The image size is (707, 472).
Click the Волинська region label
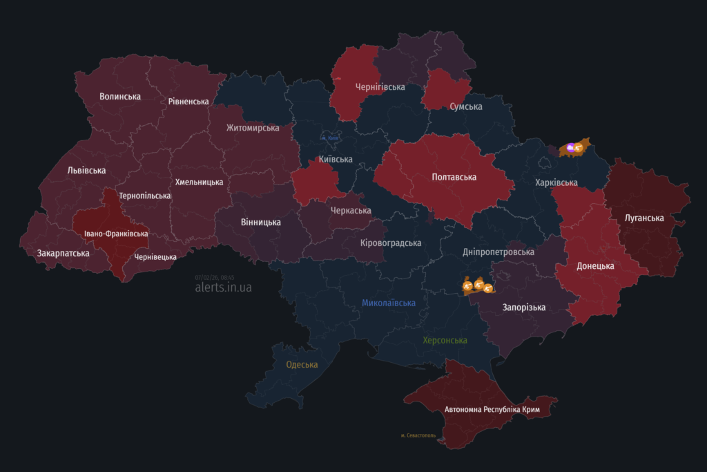(x=120, y=97)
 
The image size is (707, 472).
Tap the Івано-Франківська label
(x=116, y=234)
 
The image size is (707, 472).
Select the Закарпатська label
(x=63, y=254)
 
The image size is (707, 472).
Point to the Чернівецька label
(x=155, y=257)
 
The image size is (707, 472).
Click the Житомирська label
(x=253, y=128)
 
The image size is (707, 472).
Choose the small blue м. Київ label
(x=330, y=138)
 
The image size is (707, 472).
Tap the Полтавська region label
(x=454, y=178)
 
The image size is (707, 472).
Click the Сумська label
(x=465, y=107)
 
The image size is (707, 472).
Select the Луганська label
(x=643, y=218)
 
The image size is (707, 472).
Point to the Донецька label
(x=594, y=266)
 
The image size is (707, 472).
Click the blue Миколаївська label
(x=389, y=303)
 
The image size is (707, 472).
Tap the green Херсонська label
(x=445, y=341)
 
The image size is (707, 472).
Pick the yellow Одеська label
(x=302, y=365)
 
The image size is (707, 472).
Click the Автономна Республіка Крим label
(x=492, y=410)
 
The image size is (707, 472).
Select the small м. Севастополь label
(x=418, y=435)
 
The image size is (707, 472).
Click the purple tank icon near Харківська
(x=570, y=147)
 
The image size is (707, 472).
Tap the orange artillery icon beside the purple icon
(x=579, y=147)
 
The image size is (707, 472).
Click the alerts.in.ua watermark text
(x=223, y=287)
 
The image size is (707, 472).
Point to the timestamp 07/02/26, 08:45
(x=215, y=277)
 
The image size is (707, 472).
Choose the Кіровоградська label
(x=391, y=243)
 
